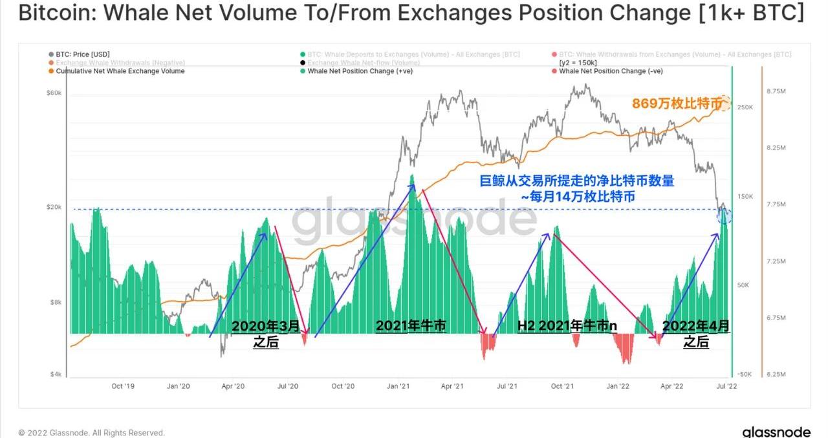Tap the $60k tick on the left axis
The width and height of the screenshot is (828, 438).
click(54, 93)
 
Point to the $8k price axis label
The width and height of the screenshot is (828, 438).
click(56, 302)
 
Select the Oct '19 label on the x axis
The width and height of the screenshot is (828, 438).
click(122, 386)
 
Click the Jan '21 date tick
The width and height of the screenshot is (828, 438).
click(398, 386)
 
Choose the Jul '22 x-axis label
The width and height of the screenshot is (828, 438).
click(728, 386)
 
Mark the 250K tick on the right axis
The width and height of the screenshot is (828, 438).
click(745, 107)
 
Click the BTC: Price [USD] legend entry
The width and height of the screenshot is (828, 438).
click(82, 54)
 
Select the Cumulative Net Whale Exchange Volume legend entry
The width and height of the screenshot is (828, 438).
click(120, 71)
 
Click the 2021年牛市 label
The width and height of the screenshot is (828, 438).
click(411, 326)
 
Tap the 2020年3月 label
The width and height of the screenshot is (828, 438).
click(265, 326)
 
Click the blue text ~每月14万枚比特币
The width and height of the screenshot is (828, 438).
click(578, 196)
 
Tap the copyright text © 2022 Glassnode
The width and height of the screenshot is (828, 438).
click(91, 433)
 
